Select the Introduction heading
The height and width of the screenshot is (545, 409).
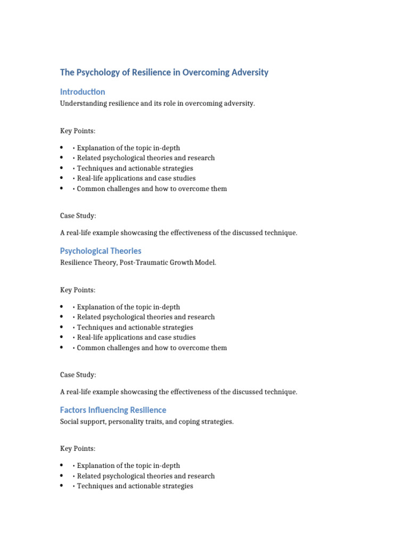[x=83, y=92]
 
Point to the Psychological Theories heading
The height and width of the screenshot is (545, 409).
[x=101, y=251]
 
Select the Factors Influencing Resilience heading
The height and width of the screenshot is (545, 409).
[x=113, y=410]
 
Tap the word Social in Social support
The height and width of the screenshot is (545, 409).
[x=70, y=422]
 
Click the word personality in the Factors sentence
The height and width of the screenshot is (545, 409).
[x=128, y=422]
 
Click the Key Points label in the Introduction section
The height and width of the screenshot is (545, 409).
[x=78, y=131]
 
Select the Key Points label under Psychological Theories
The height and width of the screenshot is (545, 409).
[x=78, y=290]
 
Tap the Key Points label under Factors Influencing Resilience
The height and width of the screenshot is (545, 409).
[x=78, y=449]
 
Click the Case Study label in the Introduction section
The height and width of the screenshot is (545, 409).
[x=78, y=216]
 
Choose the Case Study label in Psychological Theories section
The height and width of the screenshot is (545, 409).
[x=78, y=375]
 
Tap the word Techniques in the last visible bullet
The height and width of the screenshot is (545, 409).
[x=95, y=486]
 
